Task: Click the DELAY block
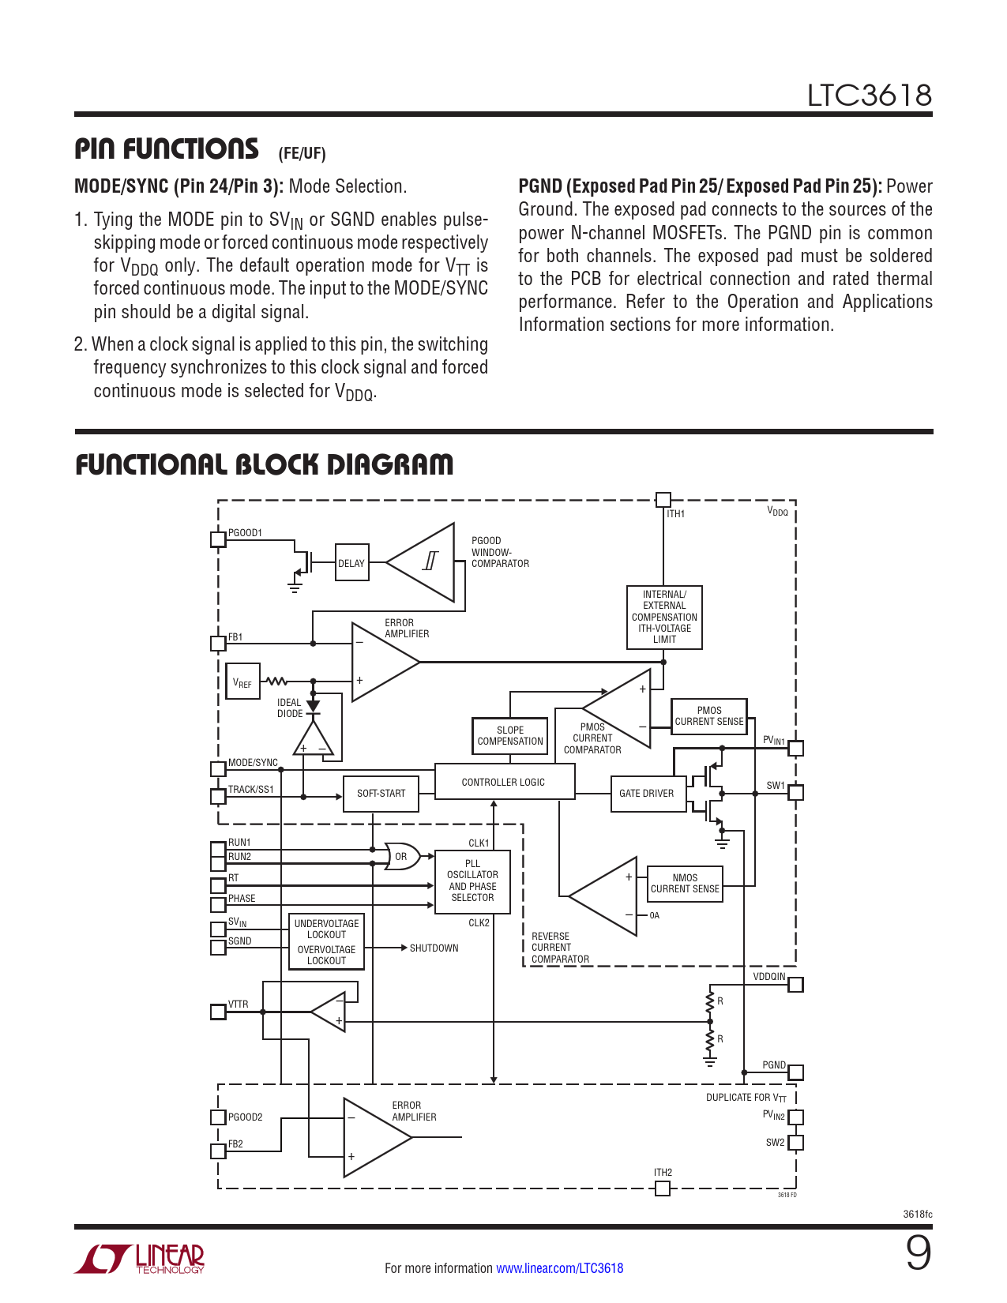(x=351, y=562)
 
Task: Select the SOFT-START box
(x=381, y=793)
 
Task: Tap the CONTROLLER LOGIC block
(x=504, y=782)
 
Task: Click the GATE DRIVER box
(x=646, y=793)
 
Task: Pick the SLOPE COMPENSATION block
(x=509, y=735)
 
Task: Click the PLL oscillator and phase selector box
(x=472, y=881)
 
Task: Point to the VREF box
(x=242, y=682)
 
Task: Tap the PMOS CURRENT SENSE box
(x=708, y=716)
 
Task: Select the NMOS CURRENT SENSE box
(x=685, y=883)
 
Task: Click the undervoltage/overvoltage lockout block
(x=326, y=941)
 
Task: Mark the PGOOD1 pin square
(x=218, y=539)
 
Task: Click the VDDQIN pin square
(x=796, y=984)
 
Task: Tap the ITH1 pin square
(x=663, y=499)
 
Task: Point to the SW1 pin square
(x=796, y=792)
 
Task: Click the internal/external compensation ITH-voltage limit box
(x=664, y=617)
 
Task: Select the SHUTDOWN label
(x=434, y=948)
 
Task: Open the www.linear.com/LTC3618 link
(x=559, y=1268)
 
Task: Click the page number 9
(x=918, y=1253)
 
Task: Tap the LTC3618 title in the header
(x=869, y=96)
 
